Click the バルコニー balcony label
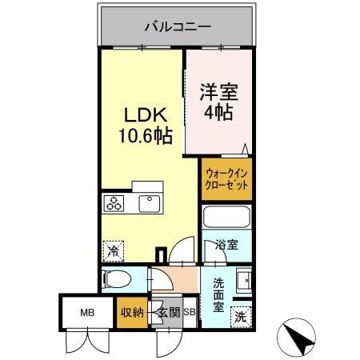click(177, 26)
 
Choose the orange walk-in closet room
click(225, 178)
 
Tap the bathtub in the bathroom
click(227, 218)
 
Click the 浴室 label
click(226, 246)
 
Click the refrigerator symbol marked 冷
click(113, 251)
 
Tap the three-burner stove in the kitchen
click(113, 204)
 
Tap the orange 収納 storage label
click(131, 313)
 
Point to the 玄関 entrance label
click(167, 313)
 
